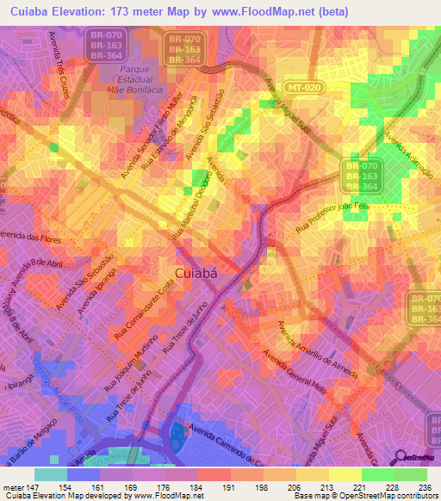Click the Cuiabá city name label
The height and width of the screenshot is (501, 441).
tap(202, 274)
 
